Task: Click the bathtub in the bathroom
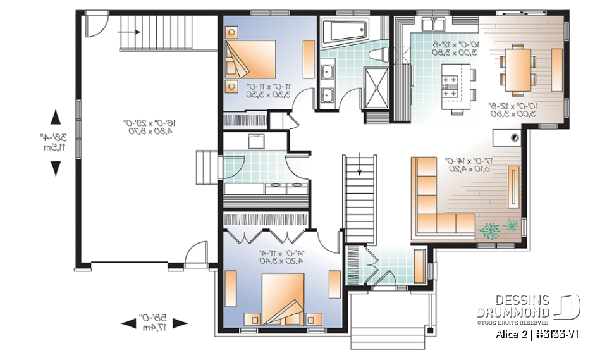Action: tap(344, 31)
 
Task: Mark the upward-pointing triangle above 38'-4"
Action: tap(55, 117)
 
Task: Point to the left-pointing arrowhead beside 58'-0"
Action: tap(128, 323)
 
